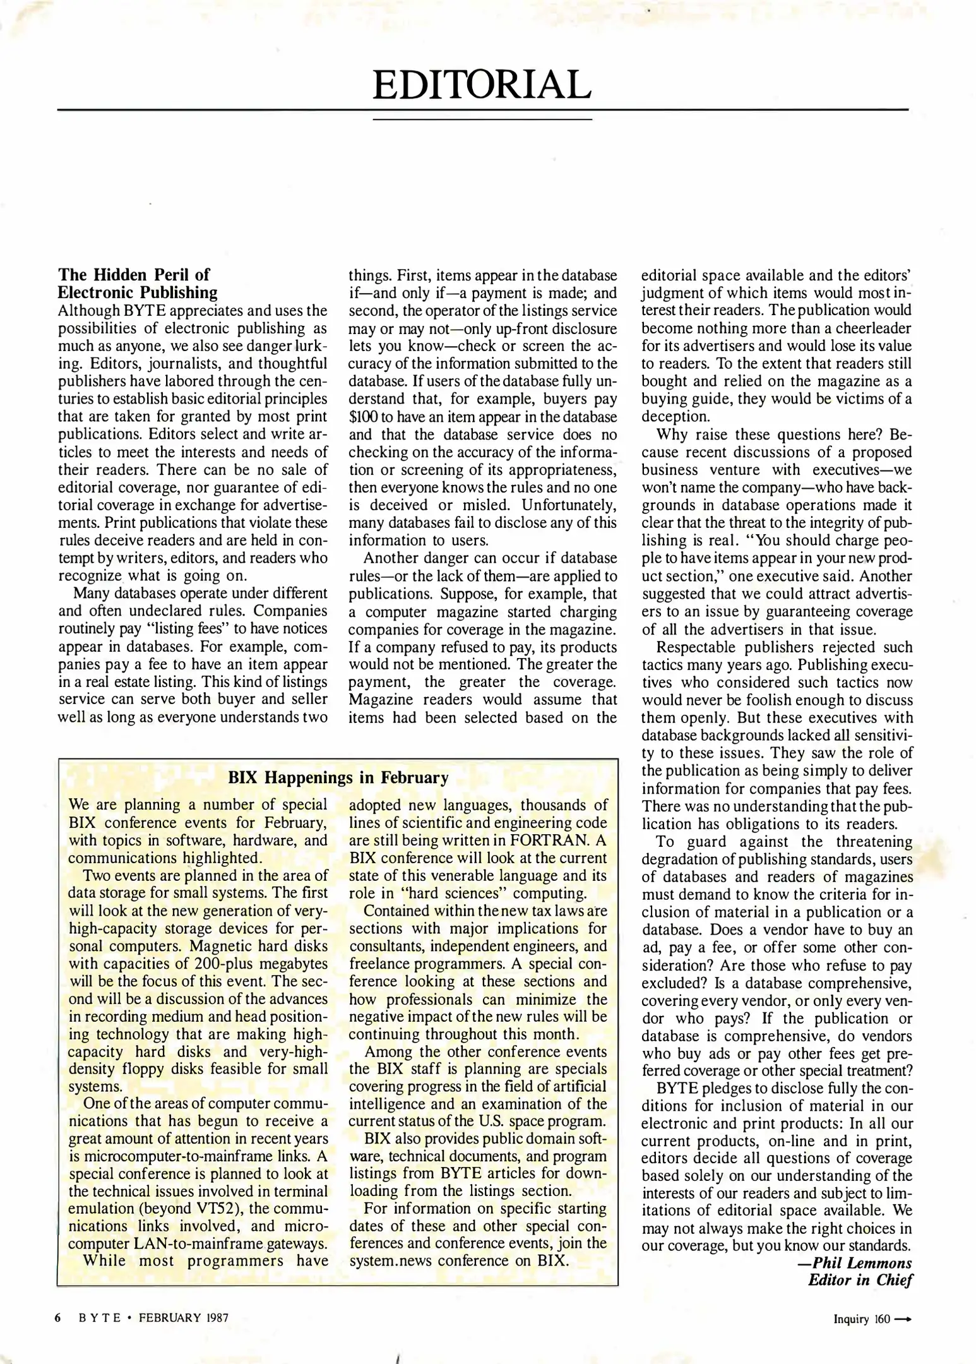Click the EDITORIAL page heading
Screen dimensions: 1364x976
click(482, 85)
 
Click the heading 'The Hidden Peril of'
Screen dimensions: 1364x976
click(134, 275)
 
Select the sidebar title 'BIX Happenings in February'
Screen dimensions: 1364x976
click(338, 777)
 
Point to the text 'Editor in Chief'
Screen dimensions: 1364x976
click(860, 1280)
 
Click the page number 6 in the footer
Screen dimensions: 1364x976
click(57, 1318)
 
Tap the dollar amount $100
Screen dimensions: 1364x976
click(363, 417)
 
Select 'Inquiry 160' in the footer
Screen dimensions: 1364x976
click(861, 1319)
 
